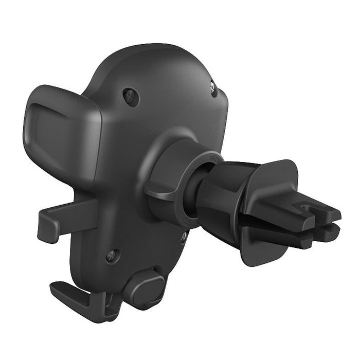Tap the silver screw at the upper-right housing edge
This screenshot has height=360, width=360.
pyautogui.click(x=213, y=89)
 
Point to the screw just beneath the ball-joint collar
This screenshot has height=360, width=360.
pyautogui.click(x=184, y=237)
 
